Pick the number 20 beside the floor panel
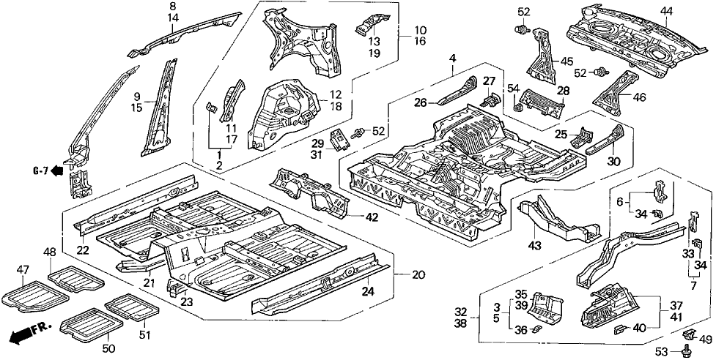click(418, 274)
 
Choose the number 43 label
click(534, 245)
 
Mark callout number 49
click(706, 338)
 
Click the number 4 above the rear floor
click(453, 59)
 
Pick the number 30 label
click(613, 162)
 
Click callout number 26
click(421, 103)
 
